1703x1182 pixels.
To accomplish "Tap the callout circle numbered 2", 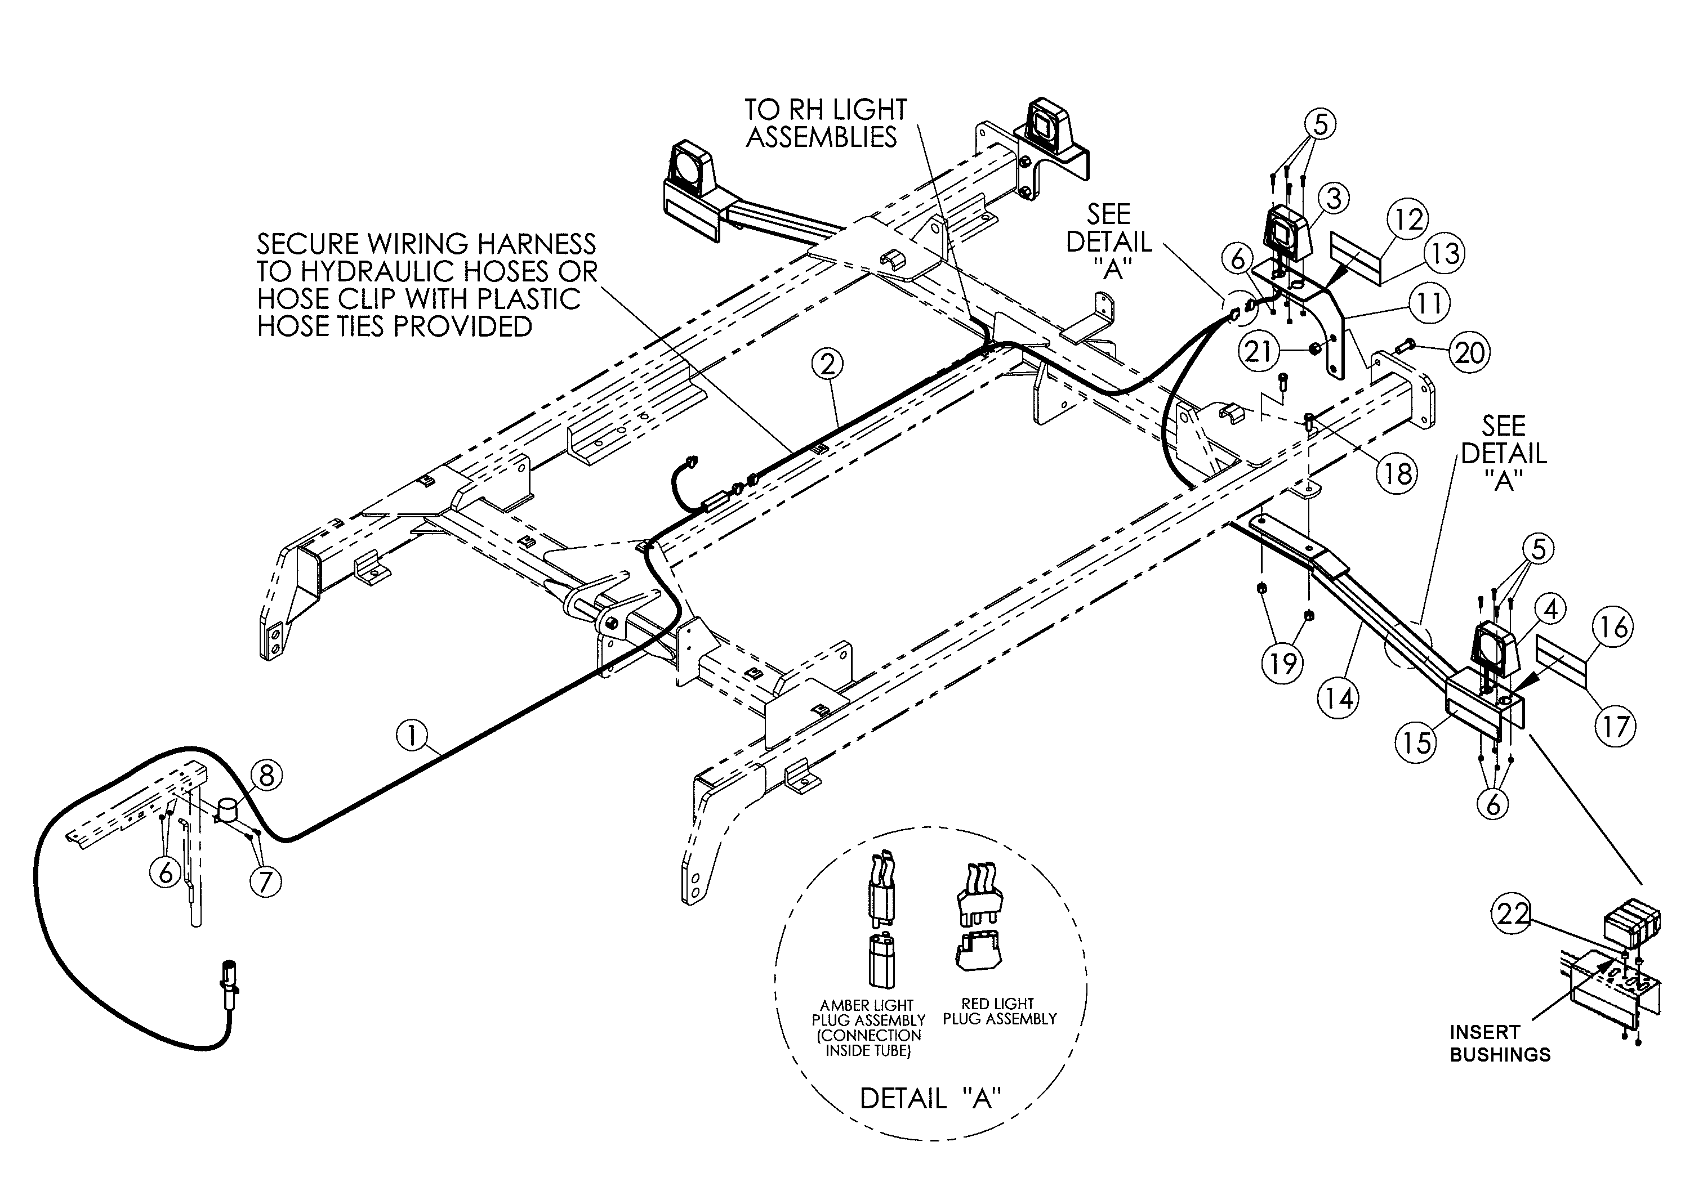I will click(827, 364).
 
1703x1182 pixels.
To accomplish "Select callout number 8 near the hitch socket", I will click(266, 776).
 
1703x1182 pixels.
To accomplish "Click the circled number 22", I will click(1511, 915).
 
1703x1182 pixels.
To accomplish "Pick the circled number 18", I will click(1397, 473).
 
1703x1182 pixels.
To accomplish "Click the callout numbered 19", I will click(1282, 663).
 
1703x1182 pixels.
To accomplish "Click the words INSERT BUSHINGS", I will click(1499, 1044).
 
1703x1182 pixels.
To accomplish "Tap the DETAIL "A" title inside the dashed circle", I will click(930, 1098).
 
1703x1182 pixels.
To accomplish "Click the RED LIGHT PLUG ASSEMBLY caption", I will click(998, 1011).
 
